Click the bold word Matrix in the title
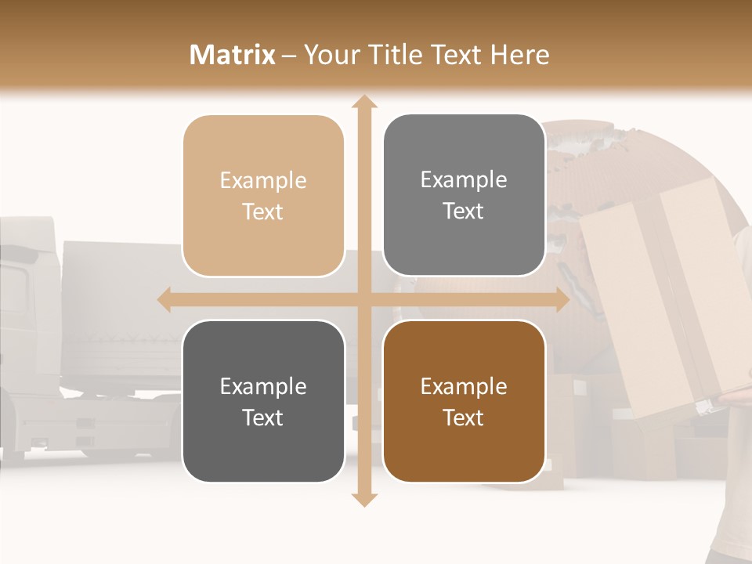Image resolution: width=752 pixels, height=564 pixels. point(233,55)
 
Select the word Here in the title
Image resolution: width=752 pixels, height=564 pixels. point(519,55)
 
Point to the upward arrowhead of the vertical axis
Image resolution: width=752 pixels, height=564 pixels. point(363,103)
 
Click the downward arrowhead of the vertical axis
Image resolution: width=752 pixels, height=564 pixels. point(363,498)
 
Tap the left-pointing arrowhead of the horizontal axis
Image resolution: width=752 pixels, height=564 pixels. point(165,299)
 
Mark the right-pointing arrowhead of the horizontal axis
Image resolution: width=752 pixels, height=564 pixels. point(561,299)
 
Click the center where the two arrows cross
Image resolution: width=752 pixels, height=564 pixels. point(363,299)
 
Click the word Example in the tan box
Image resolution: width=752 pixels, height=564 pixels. point(263,181)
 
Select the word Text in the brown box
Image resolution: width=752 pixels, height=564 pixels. point(464,418)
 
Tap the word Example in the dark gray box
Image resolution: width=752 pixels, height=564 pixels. point(263,387)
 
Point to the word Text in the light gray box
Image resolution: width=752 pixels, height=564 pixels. point(464,211)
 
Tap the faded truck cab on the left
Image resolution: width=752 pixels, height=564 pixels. point(27,313)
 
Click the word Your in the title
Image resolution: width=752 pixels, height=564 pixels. point(330,55)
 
